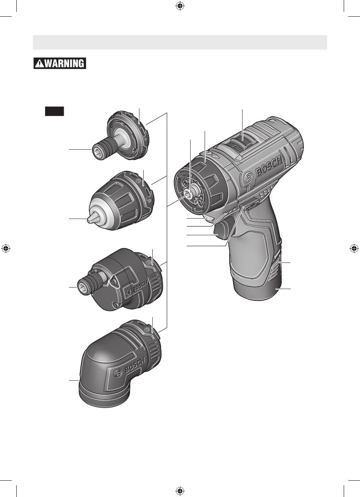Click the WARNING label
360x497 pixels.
tap(60, 64)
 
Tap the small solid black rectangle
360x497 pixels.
tap(54, 111)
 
